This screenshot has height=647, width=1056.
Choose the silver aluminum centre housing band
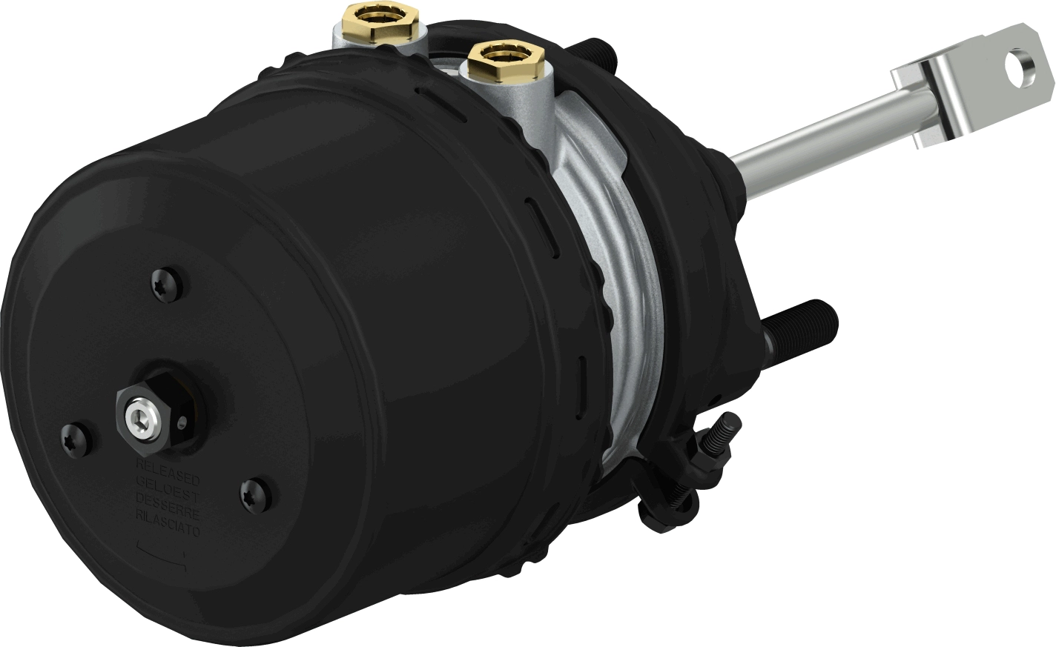630,296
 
